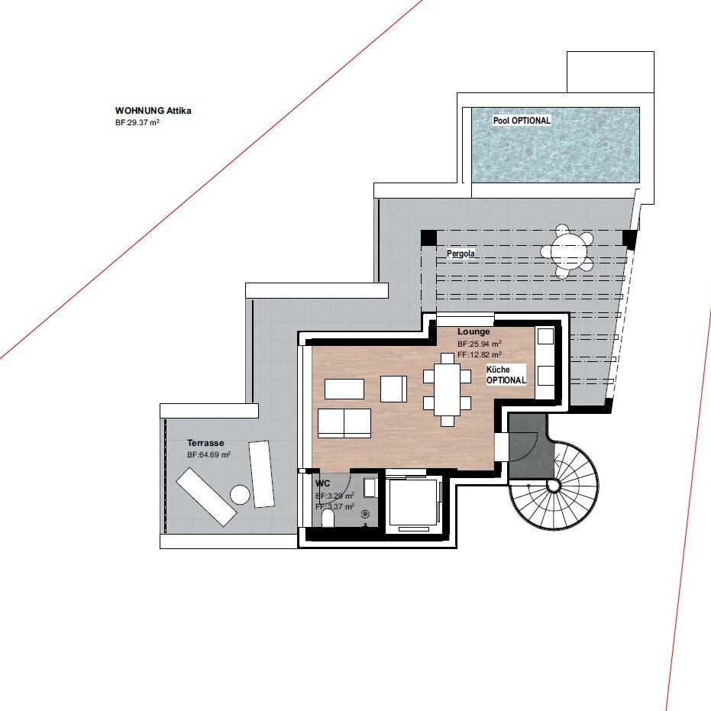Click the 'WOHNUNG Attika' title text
click(x=154, y=111)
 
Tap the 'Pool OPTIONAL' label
click(x=522, y=121)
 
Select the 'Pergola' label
click(x=461, y=254)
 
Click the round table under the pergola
click(x=569, y=250)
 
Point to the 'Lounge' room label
click(x=473, y=331)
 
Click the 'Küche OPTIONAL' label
click(x=506, y=375)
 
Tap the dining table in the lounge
click(x=447, y=389)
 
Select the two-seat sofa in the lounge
click(x=344, y=422)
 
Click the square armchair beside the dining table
click(x=393, y=389)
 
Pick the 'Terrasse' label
click(x=205, y=443)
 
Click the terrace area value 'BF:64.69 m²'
click(x=209, y=454)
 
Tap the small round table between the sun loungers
click(x=240, y=495)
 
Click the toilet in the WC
click(x=327, y=519)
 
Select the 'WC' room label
click(x=322, y=483)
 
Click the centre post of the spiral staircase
click(x=554, y=486)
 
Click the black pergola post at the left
click(x=428, y=238)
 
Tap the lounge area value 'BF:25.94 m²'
click(x=480, y=344)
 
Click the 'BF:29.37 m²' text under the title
click(x=137, y=122)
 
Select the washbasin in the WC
click(x=370, y=488)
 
